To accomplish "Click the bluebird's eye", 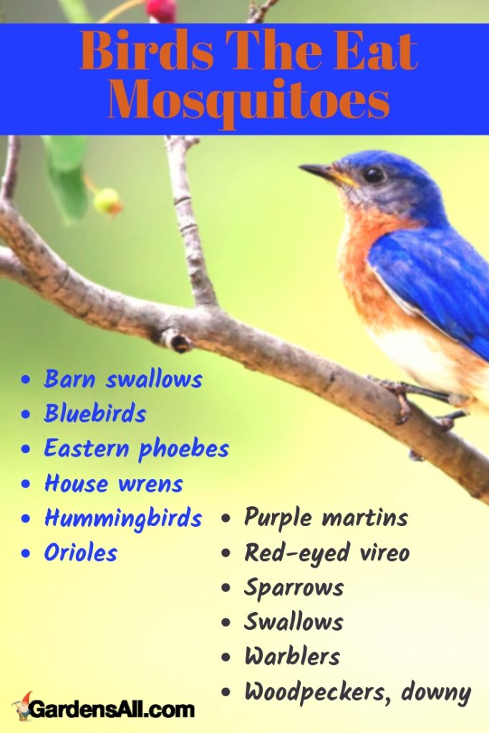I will tap(373, 174).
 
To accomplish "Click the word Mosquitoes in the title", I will tap(248, 103).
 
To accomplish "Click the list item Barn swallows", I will tap(122, 379).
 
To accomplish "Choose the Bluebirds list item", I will tap(95, 414).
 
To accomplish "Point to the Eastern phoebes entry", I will tap(136, 449).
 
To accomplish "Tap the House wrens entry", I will tap(113, 484).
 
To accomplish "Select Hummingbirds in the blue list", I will tap(122, 518).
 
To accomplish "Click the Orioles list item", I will tap(80, 553).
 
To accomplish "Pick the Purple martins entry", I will tap(326, 518).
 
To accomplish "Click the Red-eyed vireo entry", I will tap(326, 553).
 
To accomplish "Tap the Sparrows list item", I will tap(294, 588).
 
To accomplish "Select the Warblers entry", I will tap(292, 656).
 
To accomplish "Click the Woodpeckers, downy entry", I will tap(357, 691).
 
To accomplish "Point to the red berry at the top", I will tap(161, 9).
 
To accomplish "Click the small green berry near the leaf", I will tap(107, 201).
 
